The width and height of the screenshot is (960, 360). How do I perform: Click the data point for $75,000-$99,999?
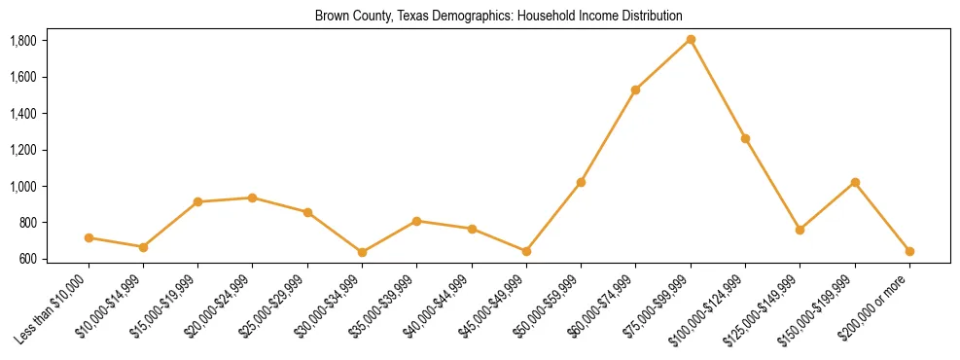coord(691,40)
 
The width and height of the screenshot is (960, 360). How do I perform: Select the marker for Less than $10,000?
coord(89,237)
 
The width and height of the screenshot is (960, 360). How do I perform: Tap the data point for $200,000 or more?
coord(909,251)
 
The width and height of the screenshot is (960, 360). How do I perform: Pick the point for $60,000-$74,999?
coord(635,90)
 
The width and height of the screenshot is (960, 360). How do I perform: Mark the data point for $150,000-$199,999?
coord(855,182)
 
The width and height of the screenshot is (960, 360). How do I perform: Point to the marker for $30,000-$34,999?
coord(362,252)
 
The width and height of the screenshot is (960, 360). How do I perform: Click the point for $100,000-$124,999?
coord(745,138)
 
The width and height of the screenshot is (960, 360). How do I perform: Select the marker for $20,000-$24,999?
coord(253,198)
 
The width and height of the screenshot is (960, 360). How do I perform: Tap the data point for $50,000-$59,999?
coord(581,182)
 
